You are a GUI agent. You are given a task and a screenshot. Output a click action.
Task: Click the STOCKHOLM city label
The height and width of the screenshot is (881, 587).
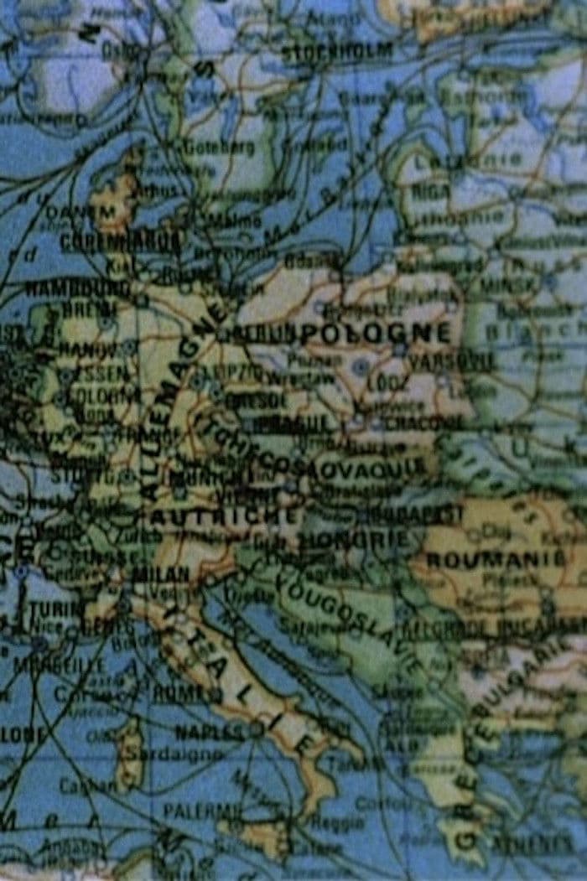pos(337,52)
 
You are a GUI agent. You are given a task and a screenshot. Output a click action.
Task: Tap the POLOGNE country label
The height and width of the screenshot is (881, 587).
pos(377,333)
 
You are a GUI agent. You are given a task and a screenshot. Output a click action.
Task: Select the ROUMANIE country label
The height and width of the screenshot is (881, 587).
pos(496,559)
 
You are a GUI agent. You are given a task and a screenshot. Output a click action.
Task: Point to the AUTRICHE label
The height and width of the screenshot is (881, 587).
pos(224,515)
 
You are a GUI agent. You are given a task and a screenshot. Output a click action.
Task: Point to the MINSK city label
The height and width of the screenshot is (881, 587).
pos(507,285)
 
